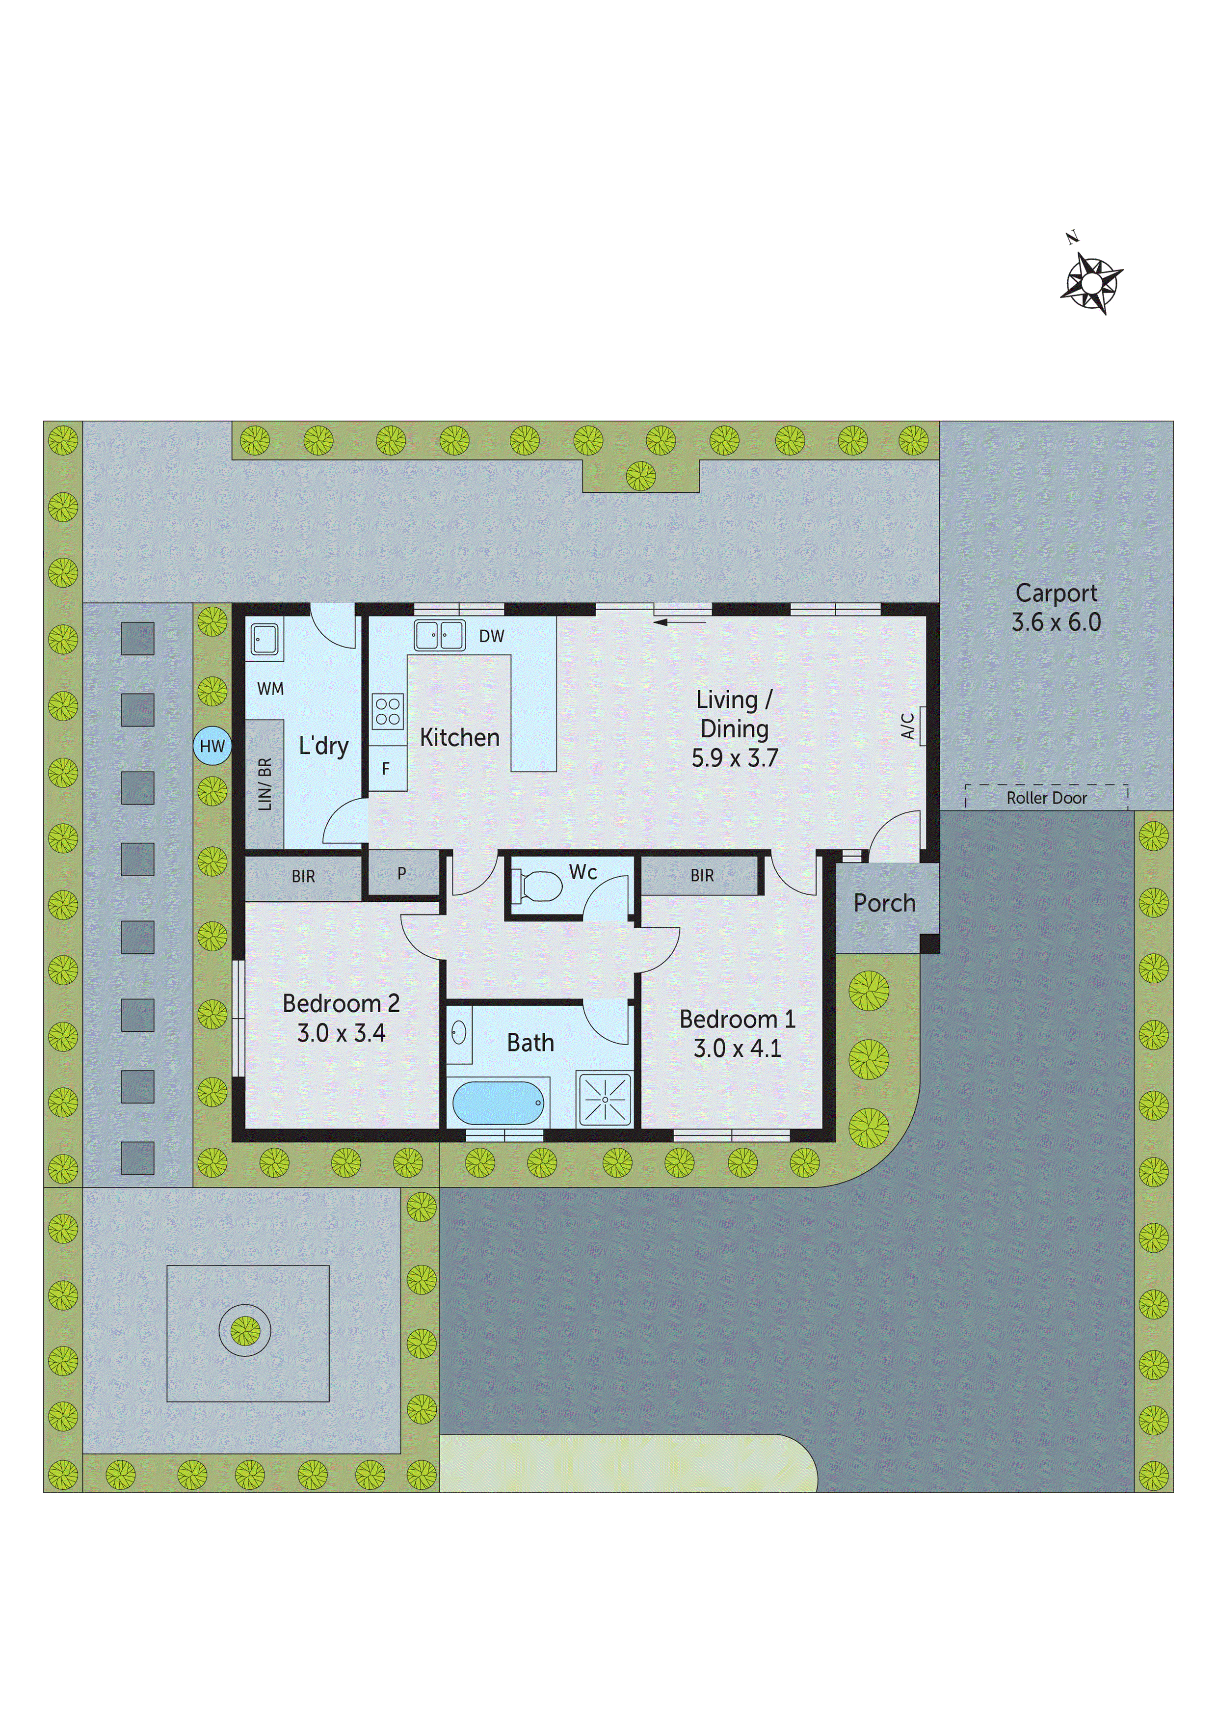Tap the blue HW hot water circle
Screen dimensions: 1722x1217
(x=212, y=746)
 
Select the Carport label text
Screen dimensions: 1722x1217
(x=1056, y=593)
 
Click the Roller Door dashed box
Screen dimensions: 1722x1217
(x=1046, y=797)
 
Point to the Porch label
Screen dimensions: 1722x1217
(x=884, y=903)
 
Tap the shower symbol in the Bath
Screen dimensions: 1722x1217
(x=604, y=1100)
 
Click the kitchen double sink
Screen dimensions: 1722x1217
(x=439, y=635)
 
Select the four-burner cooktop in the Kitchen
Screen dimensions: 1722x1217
(x=388, y=711)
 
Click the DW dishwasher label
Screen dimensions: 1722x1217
(x=491, y=637)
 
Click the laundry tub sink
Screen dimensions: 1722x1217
(x=264, y=640)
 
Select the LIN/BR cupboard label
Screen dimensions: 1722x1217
(x=265, y=784)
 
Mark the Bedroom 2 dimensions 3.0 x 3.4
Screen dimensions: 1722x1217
(x=341, y=1033)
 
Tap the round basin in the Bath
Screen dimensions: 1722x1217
(x=459, y=1033)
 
